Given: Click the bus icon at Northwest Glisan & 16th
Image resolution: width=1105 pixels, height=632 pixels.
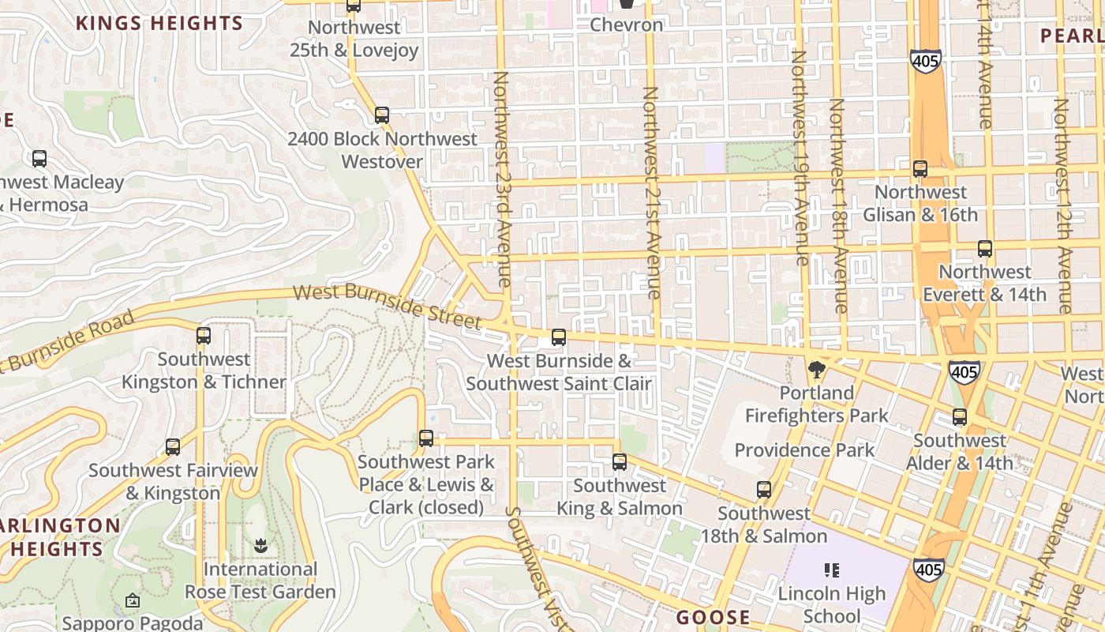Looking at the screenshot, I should tap(920, 168).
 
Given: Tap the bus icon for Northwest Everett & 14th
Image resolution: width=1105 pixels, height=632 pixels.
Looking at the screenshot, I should tap(985, 249).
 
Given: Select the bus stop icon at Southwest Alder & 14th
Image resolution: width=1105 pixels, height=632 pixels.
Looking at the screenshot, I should tap(960, 417).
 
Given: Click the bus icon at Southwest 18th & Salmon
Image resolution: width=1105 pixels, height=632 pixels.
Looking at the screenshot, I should tap(764, 490).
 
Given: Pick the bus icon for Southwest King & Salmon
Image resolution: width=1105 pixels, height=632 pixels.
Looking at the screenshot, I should tap(620, 462).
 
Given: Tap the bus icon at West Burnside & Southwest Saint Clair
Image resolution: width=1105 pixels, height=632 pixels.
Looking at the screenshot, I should tap(559, 337).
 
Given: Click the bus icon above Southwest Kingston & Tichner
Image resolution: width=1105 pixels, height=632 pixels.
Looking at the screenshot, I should tap(204, 336).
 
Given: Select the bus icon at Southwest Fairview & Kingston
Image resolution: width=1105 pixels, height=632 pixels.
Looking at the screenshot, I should tap(173, 447).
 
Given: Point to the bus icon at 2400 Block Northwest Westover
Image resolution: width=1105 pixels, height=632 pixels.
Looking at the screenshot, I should tap(382, 115).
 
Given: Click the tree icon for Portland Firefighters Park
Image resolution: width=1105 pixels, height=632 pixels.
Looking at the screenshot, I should tap(816, 370).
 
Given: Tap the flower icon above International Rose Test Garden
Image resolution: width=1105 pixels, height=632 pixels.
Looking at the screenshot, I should tap(260, 545).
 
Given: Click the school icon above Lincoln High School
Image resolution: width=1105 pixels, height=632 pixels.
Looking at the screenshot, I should tap(831, 570).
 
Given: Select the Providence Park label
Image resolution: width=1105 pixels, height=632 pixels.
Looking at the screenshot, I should tap(804, 450).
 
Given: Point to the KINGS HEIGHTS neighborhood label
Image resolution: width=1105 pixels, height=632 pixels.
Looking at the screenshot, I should tap(159, 23).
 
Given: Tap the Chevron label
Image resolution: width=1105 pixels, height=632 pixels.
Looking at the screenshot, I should tap(627, 25).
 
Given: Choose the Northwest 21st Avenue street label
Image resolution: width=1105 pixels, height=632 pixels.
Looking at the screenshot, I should tap(650, 193).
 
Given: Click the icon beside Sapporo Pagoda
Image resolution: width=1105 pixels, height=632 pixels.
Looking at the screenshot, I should tap(133, 601).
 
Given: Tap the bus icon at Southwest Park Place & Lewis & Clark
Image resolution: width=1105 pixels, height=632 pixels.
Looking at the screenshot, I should tap(426, 438).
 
